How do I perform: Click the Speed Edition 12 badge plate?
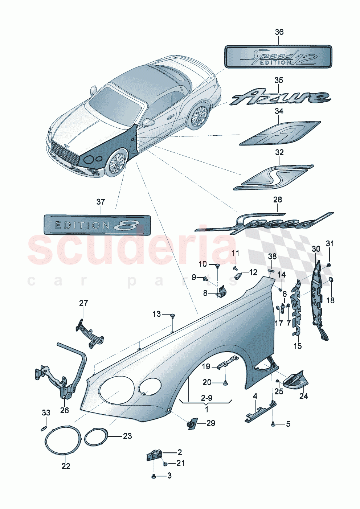click(x=278, y=57)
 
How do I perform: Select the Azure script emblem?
click(x=279, y=97)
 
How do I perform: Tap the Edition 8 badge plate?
click(x=97, y=225)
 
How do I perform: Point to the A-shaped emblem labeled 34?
click(x=279, y=133)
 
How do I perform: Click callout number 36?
click(x=279, y=32)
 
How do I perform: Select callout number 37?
click(x=101, y=202)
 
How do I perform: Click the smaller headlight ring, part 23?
click(x=96, y=436)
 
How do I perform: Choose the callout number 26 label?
click(x=64, y=410)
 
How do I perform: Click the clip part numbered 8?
click(x=222, y=292)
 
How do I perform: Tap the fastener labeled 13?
click(x=173, y=315)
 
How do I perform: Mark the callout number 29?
click(x=210, y=423)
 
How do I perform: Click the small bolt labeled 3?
click(x=154, y=476)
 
